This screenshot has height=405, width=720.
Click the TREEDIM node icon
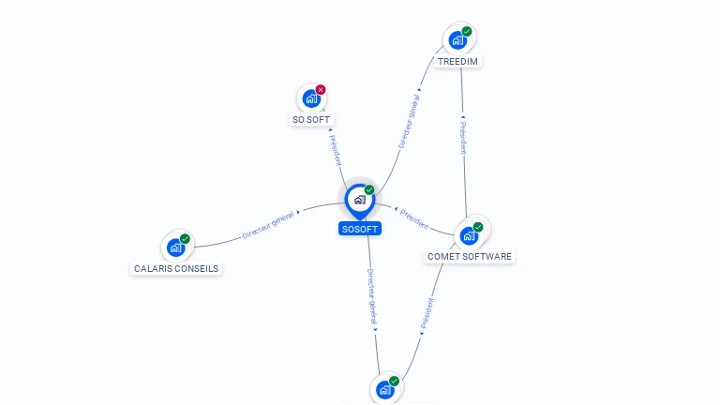(x=457, y=39)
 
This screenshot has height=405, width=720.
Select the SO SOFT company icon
(x=311, y=98)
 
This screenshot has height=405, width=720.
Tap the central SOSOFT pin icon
(x=359, y=199)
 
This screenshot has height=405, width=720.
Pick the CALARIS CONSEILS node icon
(x=175, y=247)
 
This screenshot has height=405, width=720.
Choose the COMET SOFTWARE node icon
(x=469, y=235)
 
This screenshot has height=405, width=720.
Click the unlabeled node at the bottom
(x=384, y=389)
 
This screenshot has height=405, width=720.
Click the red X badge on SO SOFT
(x=321, y=90)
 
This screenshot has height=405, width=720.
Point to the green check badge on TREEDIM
(x=467, y=32)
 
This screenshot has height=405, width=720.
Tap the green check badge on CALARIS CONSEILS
(x=185, y=239)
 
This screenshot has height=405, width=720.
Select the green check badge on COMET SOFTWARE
(x=478, y=227)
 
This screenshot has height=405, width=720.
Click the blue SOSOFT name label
(x=360, y=229)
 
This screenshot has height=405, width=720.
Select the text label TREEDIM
(x=458, y=62)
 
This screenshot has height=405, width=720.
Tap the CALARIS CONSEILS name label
(x=176, y=268)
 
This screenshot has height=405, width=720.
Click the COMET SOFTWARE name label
(x=470, y=256)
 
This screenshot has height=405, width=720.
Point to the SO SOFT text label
(x=311, y=120)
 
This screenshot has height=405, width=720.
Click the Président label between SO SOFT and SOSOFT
(x=337, y=149)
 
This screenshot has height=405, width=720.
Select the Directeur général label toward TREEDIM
(x=408, y=121)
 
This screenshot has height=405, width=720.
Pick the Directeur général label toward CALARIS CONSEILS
(x=268, y=225)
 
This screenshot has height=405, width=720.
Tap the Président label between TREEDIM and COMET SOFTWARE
(x=463, y=137)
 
